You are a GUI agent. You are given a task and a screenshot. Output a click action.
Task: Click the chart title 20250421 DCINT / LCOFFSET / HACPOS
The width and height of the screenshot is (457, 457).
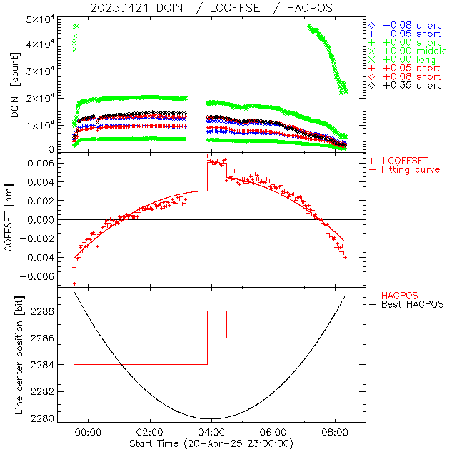[x=211, y=8]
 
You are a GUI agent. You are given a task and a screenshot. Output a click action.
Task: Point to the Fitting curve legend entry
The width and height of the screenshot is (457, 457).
[x=411, y=170]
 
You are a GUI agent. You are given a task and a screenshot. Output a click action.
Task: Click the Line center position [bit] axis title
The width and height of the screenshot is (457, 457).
[x=15, y=355]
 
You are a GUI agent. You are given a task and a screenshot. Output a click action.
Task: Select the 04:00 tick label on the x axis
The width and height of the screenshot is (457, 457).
[x=211, y=433]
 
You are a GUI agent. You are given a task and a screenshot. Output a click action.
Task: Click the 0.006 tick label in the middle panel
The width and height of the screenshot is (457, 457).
[x=47, y=164]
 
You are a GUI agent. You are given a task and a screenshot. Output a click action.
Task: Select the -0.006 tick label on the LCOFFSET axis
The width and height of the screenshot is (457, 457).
[x=44, y=276]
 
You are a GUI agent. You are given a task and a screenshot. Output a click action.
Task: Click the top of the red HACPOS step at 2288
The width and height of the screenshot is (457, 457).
[x=217, y=311]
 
